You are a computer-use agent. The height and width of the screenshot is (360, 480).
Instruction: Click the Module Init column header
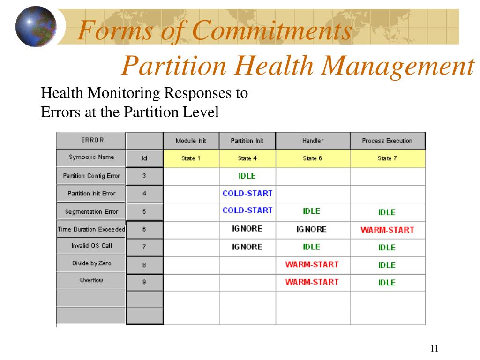pyautogui.click(x=191, y=141)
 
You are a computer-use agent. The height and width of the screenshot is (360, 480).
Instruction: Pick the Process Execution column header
pyautogui.click(x=387, y=141)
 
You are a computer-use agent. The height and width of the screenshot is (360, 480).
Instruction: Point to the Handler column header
pyautogui.click(x=313, y=141)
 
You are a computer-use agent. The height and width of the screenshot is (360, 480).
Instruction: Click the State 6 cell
pyautogui.click(x=313, y=158)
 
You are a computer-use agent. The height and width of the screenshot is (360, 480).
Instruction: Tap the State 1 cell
pyautogui.click(x=191, y=158)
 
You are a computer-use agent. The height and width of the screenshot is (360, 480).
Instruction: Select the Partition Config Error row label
pyautogui.click(x=91, y=176)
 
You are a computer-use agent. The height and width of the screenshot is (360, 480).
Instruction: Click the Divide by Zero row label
pyautogui.click(x=91, y=263)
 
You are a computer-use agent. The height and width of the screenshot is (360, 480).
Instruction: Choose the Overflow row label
pyautogui.click(x=91, y=280)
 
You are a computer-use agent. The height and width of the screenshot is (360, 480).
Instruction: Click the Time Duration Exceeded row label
pyautogui.click(x=91, y=230)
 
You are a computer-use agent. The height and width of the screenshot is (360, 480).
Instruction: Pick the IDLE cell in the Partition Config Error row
pyautogui.click(x=247, y=176)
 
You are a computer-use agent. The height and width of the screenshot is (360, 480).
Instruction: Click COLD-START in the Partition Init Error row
pyautogui.click(x=247, y=193)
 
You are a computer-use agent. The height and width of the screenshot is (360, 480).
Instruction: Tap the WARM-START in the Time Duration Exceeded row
pyautogui.click(x=387, y=230)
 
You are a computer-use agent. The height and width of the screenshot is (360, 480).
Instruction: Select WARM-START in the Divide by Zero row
pyautogui.click(x=312, y=264)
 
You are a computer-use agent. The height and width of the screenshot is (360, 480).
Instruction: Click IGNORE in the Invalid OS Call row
pyautogui.click(x=247, y=247)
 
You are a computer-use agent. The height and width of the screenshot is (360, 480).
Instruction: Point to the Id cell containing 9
pyautogui.click(x=144, y=282)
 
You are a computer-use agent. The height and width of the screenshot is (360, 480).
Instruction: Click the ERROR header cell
pyautogui.click(x=91, y=140)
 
